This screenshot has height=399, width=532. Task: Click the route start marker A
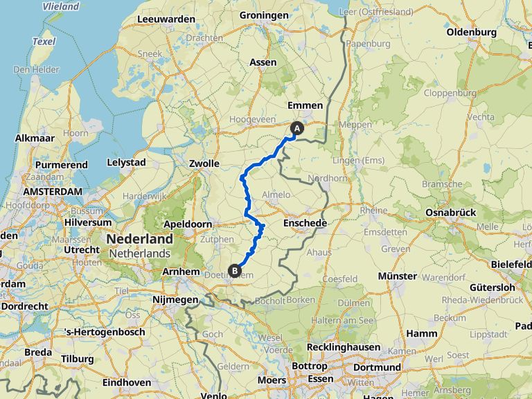297,128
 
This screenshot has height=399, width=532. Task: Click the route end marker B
235,271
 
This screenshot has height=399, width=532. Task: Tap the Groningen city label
263,15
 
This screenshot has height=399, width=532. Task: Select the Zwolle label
204,164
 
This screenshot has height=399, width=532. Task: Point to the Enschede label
305,223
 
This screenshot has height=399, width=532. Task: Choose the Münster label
398,276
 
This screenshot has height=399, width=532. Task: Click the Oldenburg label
472,33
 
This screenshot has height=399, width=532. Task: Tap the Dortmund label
377,366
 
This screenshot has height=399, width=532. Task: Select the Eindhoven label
127,382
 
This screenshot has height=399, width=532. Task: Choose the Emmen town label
305,105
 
